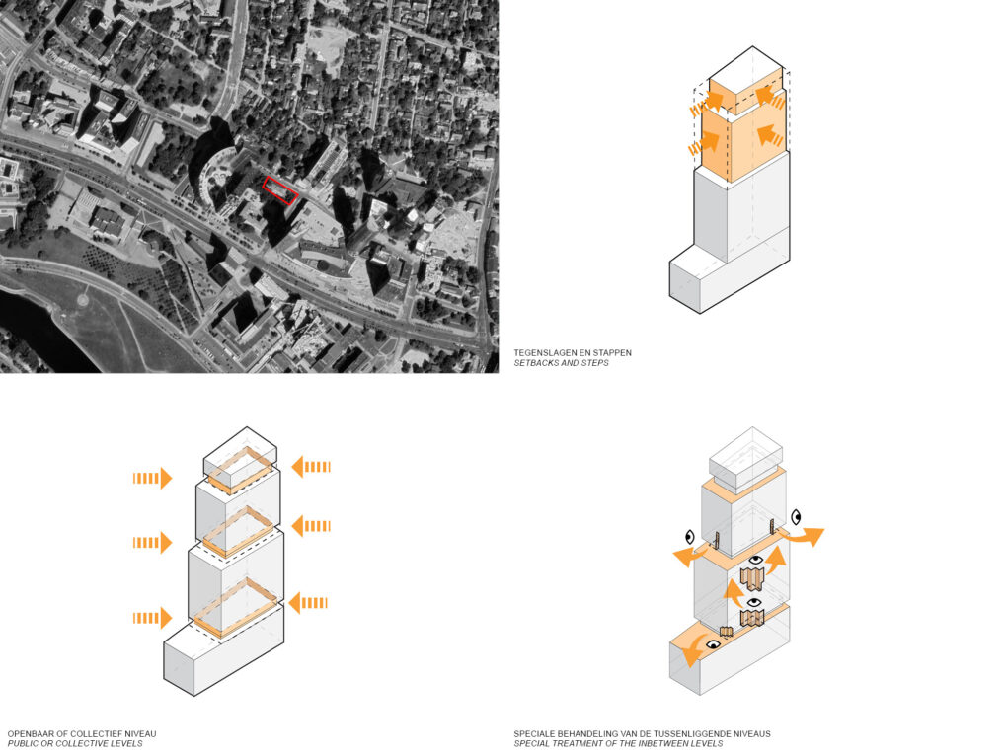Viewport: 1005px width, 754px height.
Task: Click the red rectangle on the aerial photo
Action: [280, 190]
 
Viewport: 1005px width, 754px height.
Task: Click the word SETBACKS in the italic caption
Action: [534, 363]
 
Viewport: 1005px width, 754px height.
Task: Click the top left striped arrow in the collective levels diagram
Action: [153, 478]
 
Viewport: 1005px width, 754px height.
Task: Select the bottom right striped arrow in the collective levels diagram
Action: [308, 603]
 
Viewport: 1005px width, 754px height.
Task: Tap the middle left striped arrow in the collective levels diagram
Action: [153, 543]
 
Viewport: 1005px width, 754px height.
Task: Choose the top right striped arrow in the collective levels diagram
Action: [311, 467]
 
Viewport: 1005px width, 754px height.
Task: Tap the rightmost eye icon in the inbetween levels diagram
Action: [796, 516]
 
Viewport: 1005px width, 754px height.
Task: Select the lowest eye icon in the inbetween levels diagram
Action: [712, 644]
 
